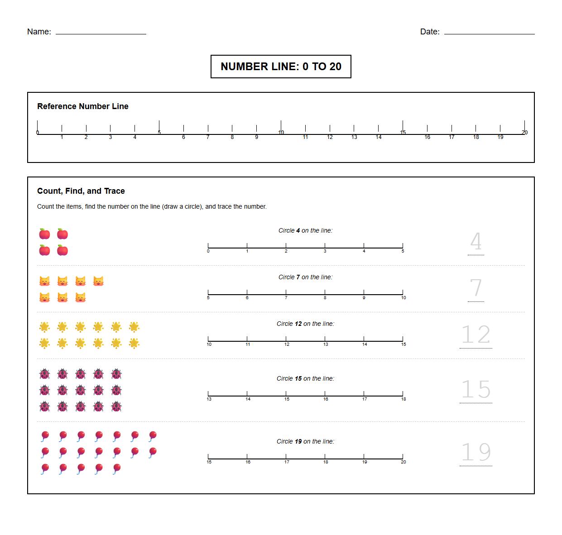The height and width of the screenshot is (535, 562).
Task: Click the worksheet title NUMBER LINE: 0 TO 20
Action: (x=281, y=67)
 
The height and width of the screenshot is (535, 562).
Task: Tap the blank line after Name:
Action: (x=101, y=32)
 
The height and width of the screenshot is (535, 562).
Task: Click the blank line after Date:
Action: (x=489, y=32)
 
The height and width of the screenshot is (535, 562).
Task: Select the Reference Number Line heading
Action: (x=83, y=106)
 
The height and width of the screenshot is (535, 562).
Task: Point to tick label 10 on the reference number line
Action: (x=281, y=133)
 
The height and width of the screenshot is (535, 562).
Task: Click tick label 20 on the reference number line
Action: (x=524, y=133)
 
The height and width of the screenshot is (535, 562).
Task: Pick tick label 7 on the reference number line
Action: (x=208, y=137)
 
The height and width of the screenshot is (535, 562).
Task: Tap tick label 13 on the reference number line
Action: (x=354, y=137)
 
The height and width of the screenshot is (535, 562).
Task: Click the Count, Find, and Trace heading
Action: (x=81, y=191)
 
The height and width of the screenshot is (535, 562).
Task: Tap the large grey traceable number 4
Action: (x=476, y=242)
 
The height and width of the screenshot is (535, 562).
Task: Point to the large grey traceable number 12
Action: (x=476, y=335)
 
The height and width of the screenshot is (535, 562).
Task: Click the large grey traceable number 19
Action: (x=476, y=452)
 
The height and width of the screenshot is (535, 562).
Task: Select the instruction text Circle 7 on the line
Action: (x=305, y=277)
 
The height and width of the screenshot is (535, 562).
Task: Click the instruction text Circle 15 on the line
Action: (x=305, y=378)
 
